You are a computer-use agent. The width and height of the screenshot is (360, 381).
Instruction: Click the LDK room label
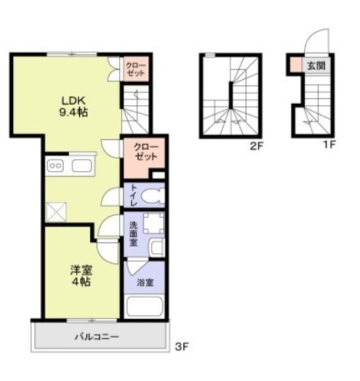coord(73,100)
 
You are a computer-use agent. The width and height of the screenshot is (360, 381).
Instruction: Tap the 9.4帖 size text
coord(73,113)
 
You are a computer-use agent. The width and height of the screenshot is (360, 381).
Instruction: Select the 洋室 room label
coord(81,270)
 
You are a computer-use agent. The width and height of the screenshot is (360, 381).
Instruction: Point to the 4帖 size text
coord(81,282)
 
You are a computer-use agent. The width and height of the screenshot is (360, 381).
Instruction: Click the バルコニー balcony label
coord(97,337)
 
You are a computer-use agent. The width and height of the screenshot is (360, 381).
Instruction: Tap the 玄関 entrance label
coord(316,65)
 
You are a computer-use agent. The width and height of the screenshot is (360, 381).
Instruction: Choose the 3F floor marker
coord(182,346)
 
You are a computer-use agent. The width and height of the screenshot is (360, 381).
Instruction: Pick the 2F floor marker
coord(257,146)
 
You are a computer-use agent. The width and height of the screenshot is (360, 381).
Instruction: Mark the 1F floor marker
coord(329,145)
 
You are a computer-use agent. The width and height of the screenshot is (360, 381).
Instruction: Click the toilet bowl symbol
coord(153,196)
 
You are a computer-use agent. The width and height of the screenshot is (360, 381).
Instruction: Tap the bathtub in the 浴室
coord(144,305)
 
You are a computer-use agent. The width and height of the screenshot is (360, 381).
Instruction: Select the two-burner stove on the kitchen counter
coord(55,166)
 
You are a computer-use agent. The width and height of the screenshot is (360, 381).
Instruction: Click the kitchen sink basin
coord(82,166)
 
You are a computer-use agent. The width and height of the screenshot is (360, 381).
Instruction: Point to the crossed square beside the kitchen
coord(56,212)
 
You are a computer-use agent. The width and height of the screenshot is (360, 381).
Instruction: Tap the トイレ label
coord(134,195)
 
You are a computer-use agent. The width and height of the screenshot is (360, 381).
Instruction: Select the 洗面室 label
coord(133,234)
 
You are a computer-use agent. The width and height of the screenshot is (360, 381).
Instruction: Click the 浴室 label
coord(145,283)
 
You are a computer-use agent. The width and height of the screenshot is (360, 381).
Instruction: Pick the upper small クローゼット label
coord(135,69)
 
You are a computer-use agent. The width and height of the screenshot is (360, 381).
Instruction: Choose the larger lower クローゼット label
coord(145,152)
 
